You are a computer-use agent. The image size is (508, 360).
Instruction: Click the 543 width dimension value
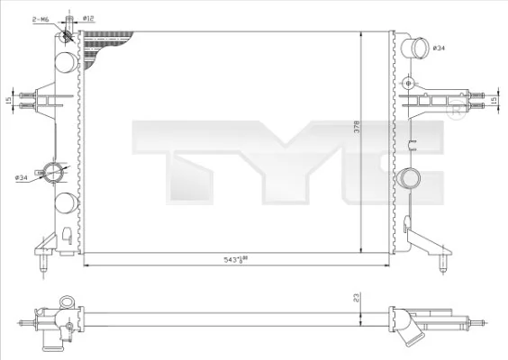(x=233, y=259)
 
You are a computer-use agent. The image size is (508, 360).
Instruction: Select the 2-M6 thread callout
(x=41, y=17)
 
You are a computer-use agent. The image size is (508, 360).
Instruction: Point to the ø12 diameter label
(x=88, y=17)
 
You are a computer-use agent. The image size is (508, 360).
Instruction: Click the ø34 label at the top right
(x=440, y=47)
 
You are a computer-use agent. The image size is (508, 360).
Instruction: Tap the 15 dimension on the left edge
(x=8, y=100)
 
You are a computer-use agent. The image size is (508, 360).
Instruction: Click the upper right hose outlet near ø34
(x=415, y=49)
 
